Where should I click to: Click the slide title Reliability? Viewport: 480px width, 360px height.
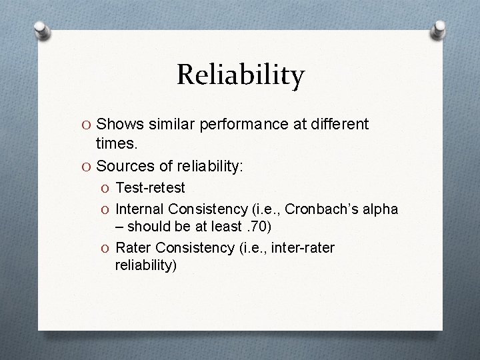tap(240, 75)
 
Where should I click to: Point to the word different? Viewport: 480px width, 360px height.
tap(337, 124)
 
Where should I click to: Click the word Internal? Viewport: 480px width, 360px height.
tap(141, 209)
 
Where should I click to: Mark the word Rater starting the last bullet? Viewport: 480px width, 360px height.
tap(133, 248)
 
